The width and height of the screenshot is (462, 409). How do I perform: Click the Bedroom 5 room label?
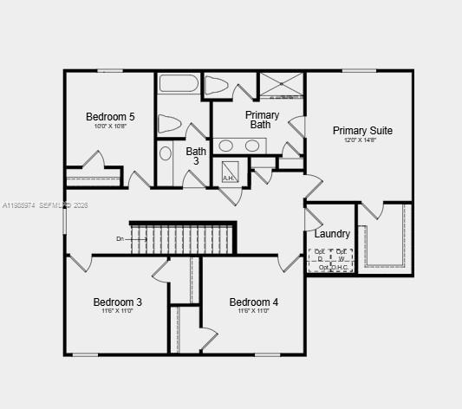point(110,116)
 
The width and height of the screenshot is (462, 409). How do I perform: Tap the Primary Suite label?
point(362,131)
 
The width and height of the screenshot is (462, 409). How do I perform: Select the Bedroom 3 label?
point(117,302)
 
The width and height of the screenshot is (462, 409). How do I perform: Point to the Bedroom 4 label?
point(254,302)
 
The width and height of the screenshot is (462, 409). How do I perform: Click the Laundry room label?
point(332,234)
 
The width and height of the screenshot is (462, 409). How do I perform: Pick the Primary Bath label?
point(262,120)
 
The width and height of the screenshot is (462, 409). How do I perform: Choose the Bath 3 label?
point(196,156)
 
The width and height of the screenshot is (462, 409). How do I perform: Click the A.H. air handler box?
point(230,171)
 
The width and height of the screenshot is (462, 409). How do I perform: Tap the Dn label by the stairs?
point(120,238)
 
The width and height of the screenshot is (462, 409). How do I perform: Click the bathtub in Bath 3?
point(179,85)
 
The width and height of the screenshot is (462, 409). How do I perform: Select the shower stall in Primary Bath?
point(282,86)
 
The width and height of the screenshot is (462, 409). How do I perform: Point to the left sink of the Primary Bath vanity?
point(226,146)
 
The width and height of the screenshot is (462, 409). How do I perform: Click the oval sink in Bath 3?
point(166,154)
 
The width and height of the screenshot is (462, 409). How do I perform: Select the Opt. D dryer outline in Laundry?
point(319,256)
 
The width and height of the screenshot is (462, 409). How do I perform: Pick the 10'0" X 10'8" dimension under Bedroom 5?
point(110,126)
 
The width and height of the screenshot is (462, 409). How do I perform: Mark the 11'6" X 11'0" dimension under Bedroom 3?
point(117,311)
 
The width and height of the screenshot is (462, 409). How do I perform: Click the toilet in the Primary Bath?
point(217,85)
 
